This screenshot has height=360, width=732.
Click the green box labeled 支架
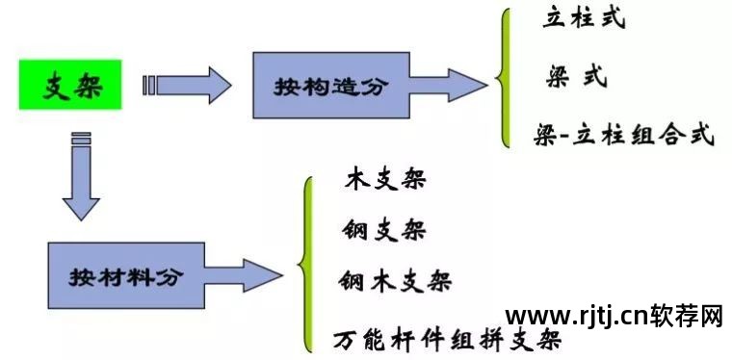[70, 85]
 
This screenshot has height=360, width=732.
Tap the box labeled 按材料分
[125, 276]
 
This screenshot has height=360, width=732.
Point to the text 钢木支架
[395, 281]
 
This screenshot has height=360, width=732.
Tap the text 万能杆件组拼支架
[447, 340]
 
